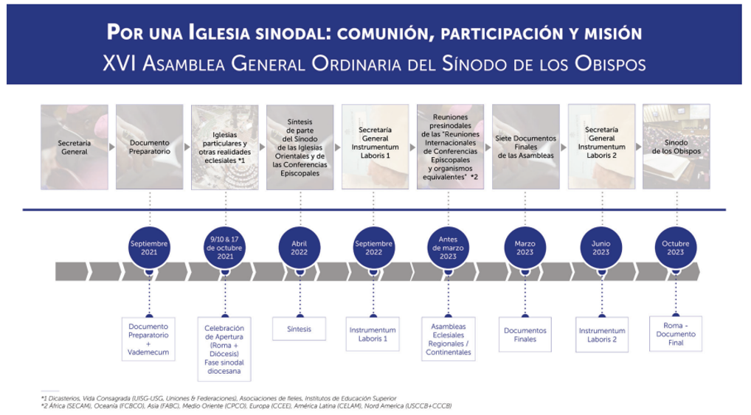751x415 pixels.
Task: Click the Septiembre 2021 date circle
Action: pyautogui.click(x=149, y=248)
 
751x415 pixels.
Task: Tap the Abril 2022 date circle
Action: pyautogui.click(x=300, y=248)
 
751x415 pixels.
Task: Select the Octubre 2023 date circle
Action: pyautogui.click(x=676, y=248)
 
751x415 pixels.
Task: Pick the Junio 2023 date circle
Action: pyautogui.click(x=601, y=248)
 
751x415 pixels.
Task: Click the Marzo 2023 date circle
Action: pyautogui.click(x=525, y=248)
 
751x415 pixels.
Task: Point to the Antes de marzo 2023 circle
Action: pyautogui.click(x=449, y=248)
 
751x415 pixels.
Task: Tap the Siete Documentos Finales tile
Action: pyautogui.click(x=525, y=147)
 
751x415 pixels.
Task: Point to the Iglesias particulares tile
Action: pyautogui.click(x=225, y=147)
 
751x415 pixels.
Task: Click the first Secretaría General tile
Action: pyautogui.click(x=74, y=147)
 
